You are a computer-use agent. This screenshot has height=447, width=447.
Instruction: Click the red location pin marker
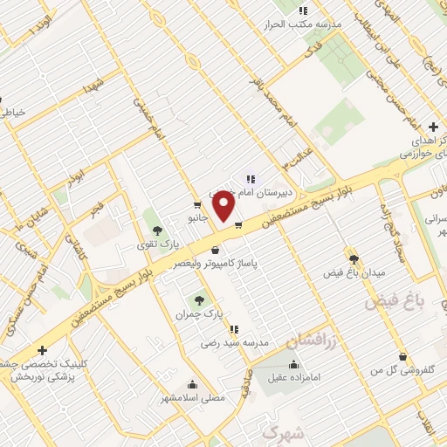224,205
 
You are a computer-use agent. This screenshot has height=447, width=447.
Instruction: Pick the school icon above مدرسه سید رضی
234,329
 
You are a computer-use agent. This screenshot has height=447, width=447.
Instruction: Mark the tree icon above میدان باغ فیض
354,258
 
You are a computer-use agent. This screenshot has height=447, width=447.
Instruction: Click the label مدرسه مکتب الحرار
302,24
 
